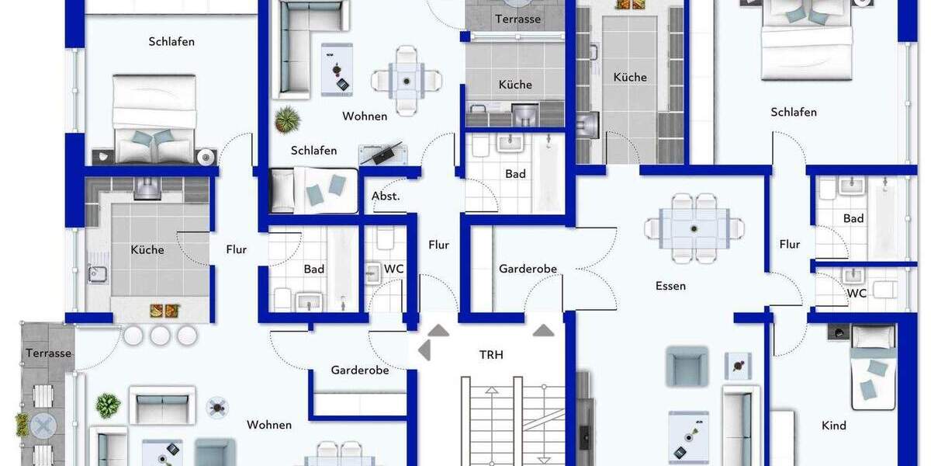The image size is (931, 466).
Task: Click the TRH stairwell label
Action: pyautogui.click(x=491, y=355)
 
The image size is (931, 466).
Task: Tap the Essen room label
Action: pyautogui.click(x=670, y=286)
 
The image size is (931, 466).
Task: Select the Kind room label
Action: pyautogui.click(x=834, y=426)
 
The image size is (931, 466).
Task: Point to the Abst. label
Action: pyautogui.click(x=386, y=196)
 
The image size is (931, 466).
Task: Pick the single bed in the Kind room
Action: pyautogui.click(x=874, y=367)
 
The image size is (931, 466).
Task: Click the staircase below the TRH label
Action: pyautogui.click(x=512, y=419)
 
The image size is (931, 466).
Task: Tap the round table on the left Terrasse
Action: pyautogui.click(x=43, y=425)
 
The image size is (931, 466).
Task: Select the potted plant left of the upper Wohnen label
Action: pyautogui.click(x=287, y=119)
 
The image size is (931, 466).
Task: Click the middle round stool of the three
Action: pyautogui.click(x=160, y=336)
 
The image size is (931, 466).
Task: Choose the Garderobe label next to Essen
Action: pyautogui.click(x=528, y=269)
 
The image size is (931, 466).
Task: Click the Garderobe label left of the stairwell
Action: pyautogui.click(x=359, y=370)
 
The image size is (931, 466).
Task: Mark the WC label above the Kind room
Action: pyautogui.click(x=857, y=294)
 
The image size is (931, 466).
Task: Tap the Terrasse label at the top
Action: pyautogui.click(x=517, y=19)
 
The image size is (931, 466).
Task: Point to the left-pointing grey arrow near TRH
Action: pyautogui.click(x=424, y=350)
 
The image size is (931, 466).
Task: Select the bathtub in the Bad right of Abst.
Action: pyautogui.click(x=549, y=172)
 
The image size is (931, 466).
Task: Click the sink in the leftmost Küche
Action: pyautogui.click(x=99, y=274)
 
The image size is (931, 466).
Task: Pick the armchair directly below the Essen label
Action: pyautogui.click(x=687, y=366)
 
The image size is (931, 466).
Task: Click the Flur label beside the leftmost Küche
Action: pyautogui.click(x=237, y=249)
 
